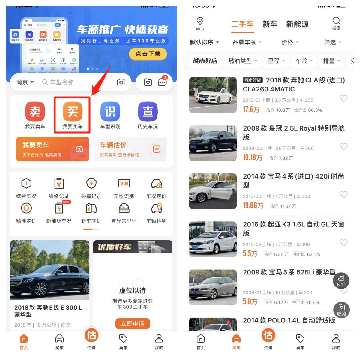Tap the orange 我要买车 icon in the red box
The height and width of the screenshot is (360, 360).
73,112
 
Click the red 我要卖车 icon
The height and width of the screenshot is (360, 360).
35,112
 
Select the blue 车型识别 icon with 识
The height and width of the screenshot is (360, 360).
110,112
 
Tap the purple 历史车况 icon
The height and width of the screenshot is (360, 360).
148,112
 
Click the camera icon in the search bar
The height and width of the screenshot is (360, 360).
121,82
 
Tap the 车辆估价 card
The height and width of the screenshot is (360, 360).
130,149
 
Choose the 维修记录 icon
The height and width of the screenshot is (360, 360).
59,184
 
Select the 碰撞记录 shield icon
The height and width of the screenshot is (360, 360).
91,184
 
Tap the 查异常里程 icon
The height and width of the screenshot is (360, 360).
124,208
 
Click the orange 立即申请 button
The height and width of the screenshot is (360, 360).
133,324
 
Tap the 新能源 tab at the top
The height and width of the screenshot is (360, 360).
297,24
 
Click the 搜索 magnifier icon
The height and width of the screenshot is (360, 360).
336,21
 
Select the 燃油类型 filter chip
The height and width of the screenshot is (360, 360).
243,61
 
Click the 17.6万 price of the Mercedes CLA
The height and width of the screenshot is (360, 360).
251,109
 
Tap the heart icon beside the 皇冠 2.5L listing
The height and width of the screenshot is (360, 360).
343,146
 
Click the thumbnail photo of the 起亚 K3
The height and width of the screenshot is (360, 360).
213,239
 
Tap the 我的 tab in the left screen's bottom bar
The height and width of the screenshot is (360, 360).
159,342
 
